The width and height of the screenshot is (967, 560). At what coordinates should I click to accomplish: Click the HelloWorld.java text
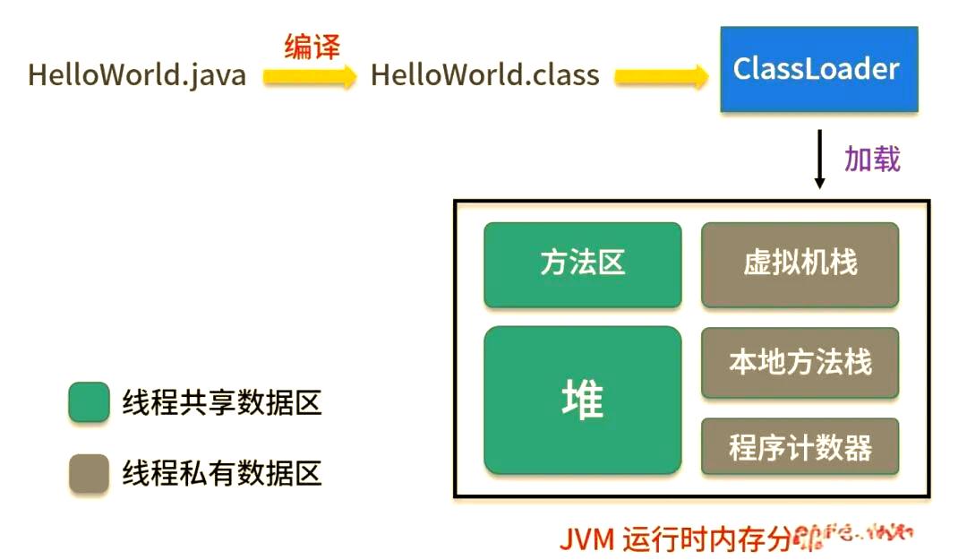tap(137, 74)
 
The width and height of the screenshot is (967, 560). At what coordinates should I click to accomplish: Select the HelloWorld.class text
tap(484, 74)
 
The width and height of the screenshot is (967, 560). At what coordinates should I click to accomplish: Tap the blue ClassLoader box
tap(818, 69)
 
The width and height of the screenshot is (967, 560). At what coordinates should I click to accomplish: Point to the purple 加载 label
tap(872, 159)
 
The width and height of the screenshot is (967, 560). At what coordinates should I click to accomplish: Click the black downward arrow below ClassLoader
tap(818, 159)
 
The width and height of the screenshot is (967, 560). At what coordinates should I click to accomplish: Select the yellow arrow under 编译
tap(309, 77)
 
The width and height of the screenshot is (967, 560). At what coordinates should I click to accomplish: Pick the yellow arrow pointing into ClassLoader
tap(661, 77)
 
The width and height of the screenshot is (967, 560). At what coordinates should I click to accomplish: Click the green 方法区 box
tap(582, 264)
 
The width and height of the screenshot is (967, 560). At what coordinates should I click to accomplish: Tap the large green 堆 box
tap(582, 400)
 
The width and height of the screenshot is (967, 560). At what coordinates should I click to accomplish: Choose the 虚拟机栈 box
tap(800, 264)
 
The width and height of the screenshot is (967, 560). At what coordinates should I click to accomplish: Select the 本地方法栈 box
tap(800, 362)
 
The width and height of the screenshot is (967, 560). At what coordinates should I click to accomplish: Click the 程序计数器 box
tap(800, 446)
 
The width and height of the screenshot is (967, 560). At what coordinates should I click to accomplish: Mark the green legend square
tap(89, 403)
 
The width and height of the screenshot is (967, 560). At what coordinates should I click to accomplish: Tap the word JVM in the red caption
tap(586, 539)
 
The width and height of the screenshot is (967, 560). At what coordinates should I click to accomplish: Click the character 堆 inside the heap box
tap(582, 400)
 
